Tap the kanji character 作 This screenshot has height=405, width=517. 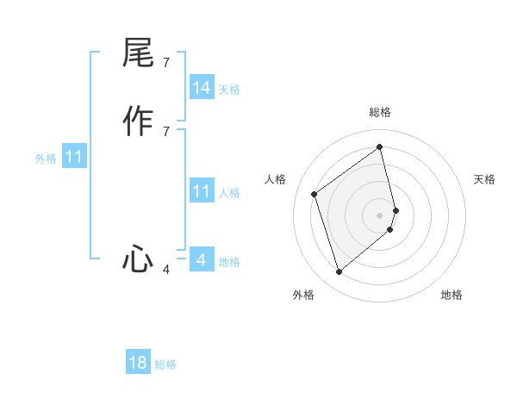click(138, 121)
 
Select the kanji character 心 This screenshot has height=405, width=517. click(138, 259)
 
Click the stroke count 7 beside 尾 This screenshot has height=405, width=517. click(165, 63)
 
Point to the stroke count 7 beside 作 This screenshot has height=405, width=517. click(165, 131)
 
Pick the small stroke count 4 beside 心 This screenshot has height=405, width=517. click(165, 270)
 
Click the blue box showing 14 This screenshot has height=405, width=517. click(202, 88)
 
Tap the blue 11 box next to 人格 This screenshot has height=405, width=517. click(202, 191)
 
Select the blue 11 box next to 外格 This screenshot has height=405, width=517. click(74, 157)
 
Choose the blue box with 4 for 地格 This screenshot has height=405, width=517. click(202, 260)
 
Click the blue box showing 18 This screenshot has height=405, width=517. click(138, 363)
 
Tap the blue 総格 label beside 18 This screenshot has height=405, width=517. click(165, 364)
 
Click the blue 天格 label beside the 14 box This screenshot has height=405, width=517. click(229, 90)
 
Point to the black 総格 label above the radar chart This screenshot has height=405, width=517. click(380, 112)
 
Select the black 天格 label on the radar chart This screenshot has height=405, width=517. click(484, 179)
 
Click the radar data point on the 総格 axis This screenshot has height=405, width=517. click(380, 146)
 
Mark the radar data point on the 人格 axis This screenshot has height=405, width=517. click(315, 194)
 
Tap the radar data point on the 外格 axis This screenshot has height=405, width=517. click(339, 272)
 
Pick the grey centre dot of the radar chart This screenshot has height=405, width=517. click(380, 215)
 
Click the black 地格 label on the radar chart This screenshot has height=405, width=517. click(452, 295)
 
